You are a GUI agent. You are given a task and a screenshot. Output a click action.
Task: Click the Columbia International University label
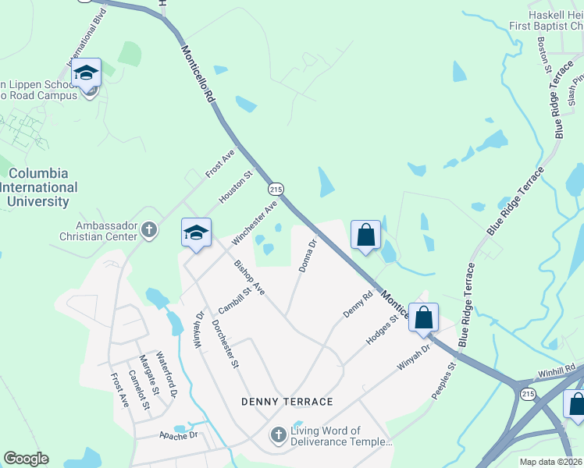pyautogui.click(x=38, y=187)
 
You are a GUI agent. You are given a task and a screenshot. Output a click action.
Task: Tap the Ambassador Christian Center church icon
pyautogui.click(x=149, y=230)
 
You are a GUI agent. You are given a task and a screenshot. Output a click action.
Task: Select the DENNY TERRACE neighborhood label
pyautogui.click(x=287, y=402)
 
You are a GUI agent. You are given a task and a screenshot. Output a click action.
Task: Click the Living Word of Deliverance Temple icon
pyautogui.click(x=278, y=435)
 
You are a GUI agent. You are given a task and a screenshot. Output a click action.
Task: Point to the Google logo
pyautogui.click(x=26, y=459)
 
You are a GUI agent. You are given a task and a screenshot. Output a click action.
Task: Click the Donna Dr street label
pyautogui.click(x=308, y=256)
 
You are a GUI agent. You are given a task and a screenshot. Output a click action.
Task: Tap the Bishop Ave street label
pyautogui.click(x=250, y=278)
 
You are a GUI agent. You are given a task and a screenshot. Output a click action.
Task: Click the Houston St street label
pyautogui.click(x=236, y=188)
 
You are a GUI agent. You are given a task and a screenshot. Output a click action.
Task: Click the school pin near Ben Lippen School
pyautogui.click(x=86, y=75)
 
